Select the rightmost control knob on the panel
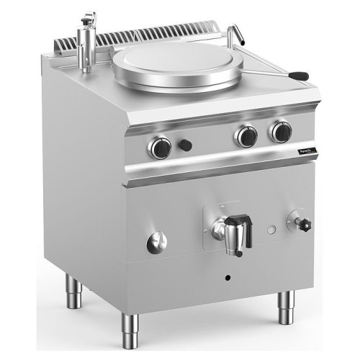[281, 131]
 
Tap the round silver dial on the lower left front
[156, 243]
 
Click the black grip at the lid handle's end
[299, 75]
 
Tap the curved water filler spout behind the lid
[234, 32]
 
